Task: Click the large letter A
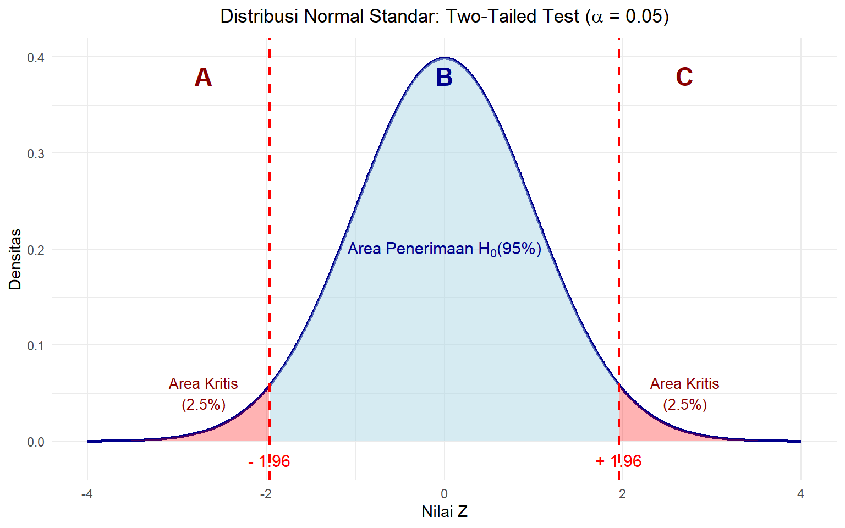point(203,78)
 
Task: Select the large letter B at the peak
point(444,78)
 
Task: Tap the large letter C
point(684,77)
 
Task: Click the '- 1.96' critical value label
point(269,461)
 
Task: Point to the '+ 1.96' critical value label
point(618,461)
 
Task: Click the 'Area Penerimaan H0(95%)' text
point(445,249)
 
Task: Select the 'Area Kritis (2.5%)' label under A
point(204,394)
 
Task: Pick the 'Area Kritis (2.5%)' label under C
point(684,394)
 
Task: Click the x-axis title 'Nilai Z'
point(445,512)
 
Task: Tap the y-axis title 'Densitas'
point(15,259)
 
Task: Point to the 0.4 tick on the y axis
point(36,57)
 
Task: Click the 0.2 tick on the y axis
point(36,250)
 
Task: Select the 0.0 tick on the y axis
point(36,442)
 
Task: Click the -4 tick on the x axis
point(87,494)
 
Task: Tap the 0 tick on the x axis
point(445,494)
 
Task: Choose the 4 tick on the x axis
point(800,494)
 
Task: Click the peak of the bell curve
point(445,58)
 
